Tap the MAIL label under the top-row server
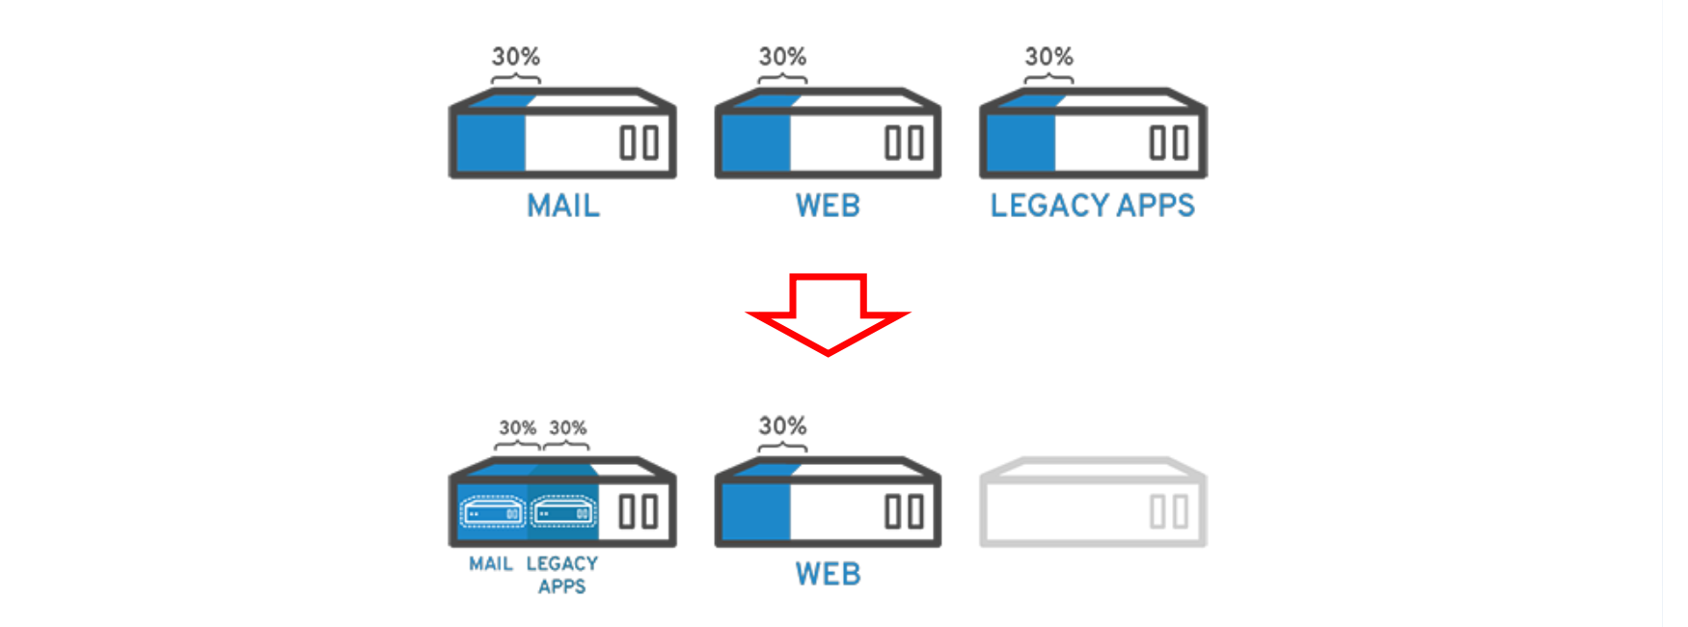[x=563, y=205]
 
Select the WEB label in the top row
[x=828, y=205]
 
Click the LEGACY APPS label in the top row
[x=1092, y=205]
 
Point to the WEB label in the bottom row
[x=828, y=574]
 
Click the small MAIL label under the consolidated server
[x=491, y=563]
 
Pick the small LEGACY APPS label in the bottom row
[x=562, y=575]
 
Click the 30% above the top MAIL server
[x=516, y=57]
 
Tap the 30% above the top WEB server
[x=782, y=57]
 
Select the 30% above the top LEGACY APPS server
[x=1048, y=57]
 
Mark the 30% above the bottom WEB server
[x=782, y=426]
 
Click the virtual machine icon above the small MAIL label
[x=493, y=512]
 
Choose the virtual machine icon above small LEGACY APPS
[x=563, y=512]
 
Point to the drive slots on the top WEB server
[x=905, y=143]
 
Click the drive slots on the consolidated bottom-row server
[x=639, y=511]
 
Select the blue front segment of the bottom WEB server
[x=756, y=511]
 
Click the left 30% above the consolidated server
[x=517, y=427]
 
